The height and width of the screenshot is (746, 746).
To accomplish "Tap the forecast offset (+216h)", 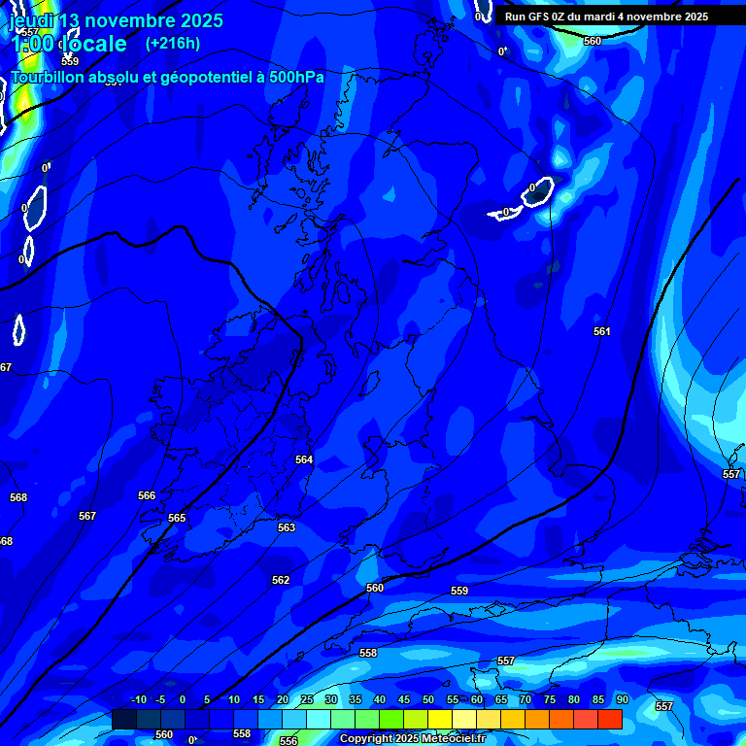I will [x=172, y=43].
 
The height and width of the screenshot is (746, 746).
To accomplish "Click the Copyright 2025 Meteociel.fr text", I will [x=412, y=739].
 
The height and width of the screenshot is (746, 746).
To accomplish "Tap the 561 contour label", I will [x=602, y=331].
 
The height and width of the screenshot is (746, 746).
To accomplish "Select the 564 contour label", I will [x=304, y=459].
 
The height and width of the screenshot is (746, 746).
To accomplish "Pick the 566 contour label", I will [x=147, y=495].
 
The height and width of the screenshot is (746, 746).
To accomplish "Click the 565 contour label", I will [x=176, y=518].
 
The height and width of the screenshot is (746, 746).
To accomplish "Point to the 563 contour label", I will [x=286, y=527].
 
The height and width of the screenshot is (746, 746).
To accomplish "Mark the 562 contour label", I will [x=281, y=580].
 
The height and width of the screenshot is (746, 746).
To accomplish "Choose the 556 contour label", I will [x=288, y=741].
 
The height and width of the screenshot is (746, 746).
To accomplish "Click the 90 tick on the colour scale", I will [x=622, y=699].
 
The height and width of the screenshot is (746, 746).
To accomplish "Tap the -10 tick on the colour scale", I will [x=138, y=699].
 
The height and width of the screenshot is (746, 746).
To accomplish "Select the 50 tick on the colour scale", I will [x=427, y=699].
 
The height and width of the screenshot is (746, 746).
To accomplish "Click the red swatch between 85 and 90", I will [x=609, y=719].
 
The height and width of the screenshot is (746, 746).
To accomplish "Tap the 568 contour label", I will [x=18, y=497].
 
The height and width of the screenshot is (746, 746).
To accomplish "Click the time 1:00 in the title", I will [x=31, y=45].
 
